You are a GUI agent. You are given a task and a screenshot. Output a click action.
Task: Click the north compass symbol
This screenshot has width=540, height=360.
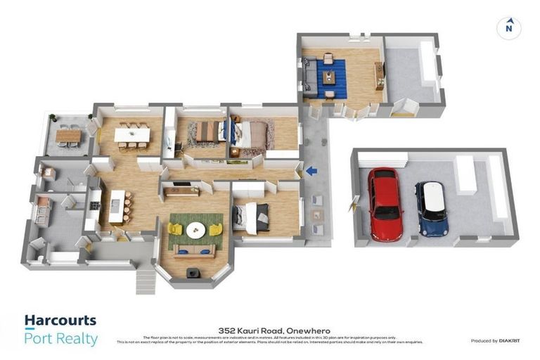pos(508,27)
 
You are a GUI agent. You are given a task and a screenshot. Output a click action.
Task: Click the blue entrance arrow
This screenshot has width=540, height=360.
pos(311,170)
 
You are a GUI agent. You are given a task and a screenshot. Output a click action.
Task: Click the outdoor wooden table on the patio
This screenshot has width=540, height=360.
pos(68,135)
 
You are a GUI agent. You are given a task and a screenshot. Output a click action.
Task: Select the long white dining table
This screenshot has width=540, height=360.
pos(132,134)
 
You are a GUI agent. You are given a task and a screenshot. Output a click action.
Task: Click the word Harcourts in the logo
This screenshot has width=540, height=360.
pos(60,321)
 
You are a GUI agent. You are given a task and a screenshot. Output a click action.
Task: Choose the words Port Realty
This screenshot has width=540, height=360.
pos(61,338)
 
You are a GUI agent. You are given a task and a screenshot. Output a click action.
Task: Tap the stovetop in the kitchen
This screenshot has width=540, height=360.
pos(94,205)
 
